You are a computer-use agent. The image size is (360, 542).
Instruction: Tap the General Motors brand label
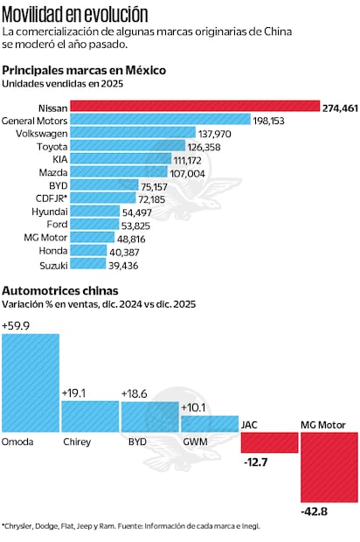(x=35, y=120)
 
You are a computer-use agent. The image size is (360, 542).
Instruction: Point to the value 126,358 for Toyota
(x=211, y=147)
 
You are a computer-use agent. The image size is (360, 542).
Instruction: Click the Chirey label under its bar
(x=77, y=442)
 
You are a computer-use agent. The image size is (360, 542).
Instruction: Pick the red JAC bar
(x=268, y=442)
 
